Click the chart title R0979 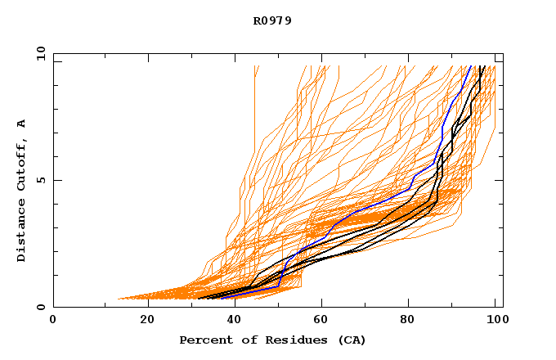click(272, 20)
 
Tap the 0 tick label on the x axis click(53, 319)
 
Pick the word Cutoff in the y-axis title click(21, 164)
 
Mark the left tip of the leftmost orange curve click(119, 299)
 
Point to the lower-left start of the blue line click(221, 298)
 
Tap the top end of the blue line click(470, 66)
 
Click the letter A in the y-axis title click(21, 123)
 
